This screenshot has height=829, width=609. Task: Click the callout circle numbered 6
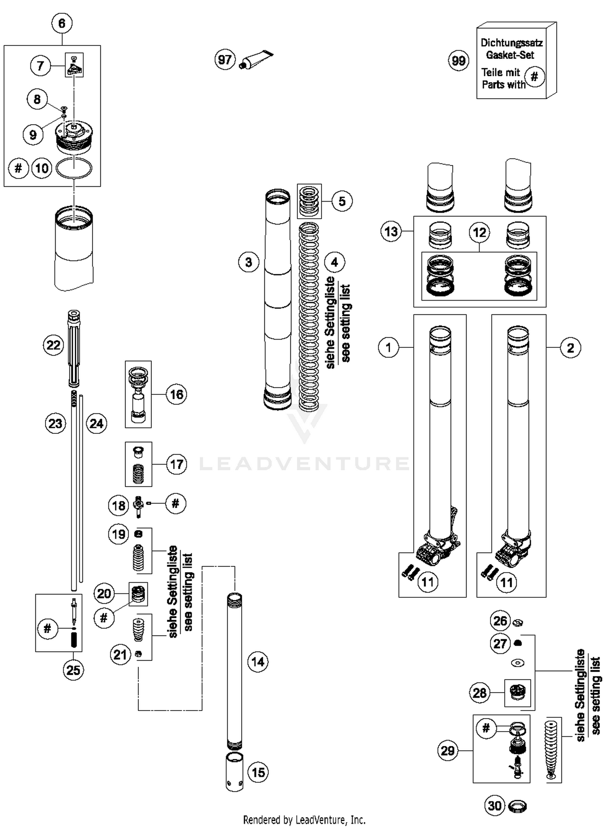click(x=62, y=23)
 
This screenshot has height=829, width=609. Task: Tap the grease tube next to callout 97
click(x=257, y=59)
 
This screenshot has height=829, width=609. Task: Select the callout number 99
click(x=458, y=61)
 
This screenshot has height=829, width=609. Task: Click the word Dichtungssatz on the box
click(x=511, y=43)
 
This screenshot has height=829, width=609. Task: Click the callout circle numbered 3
click(x=248, y=262)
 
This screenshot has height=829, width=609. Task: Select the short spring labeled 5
click(x=309, y=201)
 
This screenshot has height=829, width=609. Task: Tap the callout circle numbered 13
click(x=391, y=232)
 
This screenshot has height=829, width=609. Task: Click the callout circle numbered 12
click(x=479, y=233)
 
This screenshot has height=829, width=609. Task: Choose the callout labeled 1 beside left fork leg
click(x=389, y=348)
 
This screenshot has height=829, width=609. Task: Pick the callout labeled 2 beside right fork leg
click(x=570, y=348)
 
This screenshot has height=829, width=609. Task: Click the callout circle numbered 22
click(x=54, y=345)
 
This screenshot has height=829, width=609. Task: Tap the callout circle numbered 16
click(x=177, y=394)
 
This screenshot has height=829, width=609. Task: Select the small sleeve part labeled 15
click(x=234, y=771)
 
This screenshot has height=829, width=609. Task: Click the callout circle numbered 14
click(x=258, y=662)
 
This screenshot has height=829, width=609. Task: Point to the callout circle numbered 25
click(x=73, y=670)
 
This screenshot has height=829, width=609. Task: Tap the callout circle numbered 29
click(x=448, y=750)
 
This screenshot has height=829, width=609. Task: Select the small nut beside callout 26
click(x=518, y=622)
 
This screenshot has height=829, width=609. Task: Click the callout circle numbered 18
click(x=119, y=506)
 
